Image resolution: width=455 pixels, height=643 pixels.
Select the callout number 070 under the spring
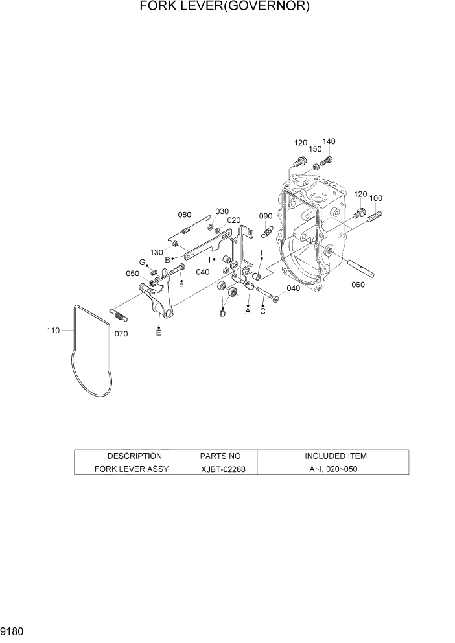tap(121, 334)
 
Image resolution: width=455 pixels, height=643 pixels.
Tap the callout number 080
tap(185, 215)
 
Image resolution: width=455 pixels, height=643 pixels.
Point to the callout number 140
tap(329, 141)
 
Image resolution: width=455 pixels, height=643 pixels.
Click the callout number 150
tap(315, 150)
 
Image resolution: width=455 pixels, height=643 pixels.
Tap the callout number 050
tap(132, 274)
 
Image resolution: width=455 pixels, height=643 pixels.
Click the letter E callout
tap(158, 333)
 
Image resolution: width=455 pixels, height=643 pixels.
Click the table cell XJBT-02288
tap(221, 469)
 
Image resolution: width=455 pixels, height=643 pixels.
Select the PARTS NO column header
tap(221, 456)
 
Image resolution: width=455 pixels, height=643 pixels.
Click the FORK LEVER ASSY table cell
tap(131, 469)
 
